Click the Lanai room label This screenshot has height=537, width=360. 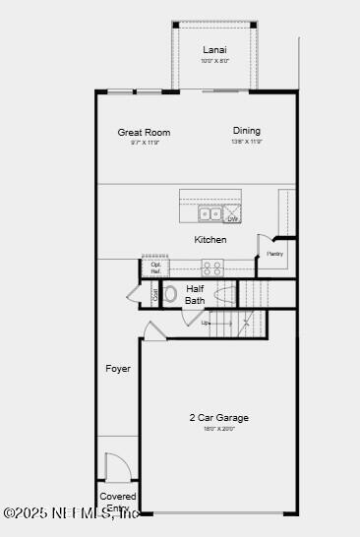tap(214, 49)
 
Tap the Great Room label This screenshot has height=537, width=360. tap(144, 132)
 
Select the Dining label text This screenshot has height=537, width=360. tap(247, 131)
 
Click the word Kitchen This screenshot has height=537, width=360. tap(210, 240)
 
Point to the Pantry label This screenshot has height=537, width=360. tap(274, 254)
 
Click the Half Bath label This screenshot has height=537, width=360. tap(195, 294)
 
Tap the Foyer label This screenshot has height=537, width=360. tap(118, 369)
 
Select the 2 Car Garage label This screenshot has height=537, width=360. tap(219, 418)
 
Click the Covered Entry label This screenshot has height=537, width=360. tap(118, 502)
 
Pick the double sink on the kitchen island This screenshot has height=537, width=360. tap(210, 213)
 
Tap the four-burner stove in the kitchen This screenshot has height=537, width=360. tap(212, 266)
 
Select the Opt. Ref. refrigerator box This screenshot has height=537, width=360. tap(156, 268)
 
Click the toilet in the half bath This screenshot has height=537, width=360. tap(170, 293)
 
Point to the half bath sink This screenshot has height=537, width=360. tap(224, 293)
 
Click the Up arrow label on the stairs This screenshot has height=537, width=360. tap(206, 323)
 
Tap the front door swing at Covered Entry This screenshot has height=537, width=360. tap(117, 467)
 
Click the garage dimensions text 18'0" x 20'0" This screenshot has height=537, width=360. tap(219, 429)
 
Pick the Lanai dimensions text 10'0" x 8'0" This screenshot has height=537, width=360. tap(214, 60)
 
